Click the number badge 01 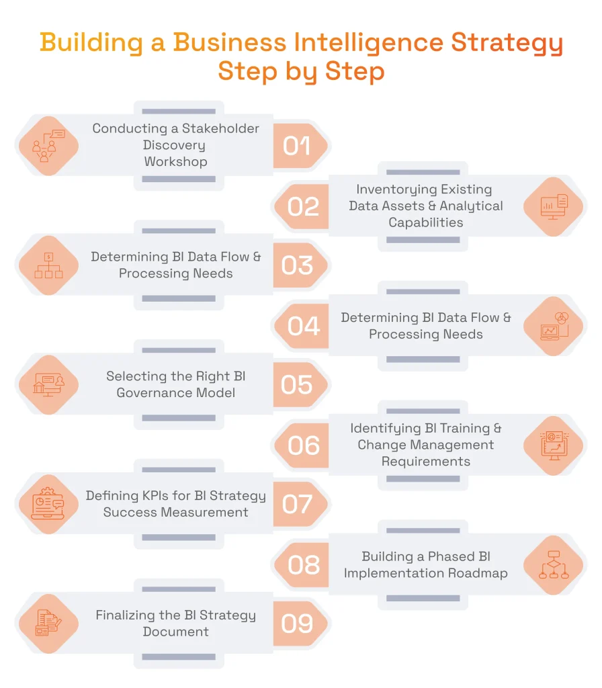tap(296, 146)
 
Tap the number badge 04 tap(303, 326)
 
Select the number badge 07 tap(296, 504)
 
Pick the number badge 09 tap(296, 623)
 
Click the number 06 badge tap(303, 445)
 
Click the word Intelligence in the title tap(368, 42)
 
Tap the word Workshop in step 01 tap(175, 162)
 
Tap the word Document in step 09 tap(175, 632)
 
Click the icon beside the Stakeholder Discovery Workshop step tap(48, 146)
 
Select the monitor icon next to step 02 tap(554, 206)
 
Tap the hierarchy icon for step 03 tap(48, 265)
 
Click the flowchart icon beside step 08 tap(554, 565)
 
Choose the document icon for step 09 tap(48, 623)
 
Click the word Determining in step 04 tap(380, 318)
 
